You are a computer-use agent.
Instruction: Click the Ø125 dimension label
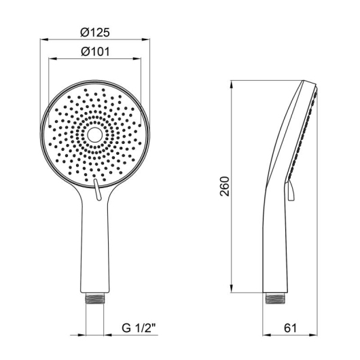(x=95, y=33)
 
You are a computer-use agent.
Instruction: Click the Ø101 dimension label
(x=95, y=52)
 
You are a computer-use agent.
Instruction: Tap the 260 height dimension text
(x=225, y=186)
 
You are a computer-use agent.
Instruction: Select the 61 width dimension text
(x=290, y=328)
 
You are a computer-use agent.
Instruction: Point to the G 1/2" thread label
(x=139, y=328)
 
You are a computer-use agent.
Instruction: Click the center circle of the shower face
(x=94, y=135)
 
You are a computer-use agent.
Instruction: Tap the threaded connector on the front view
(x=94, y=298)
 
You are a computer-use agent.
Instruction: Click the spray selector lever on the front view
(x=97, y=190)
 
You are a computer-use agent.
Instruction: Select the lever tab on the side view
(x=290, y=191)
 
